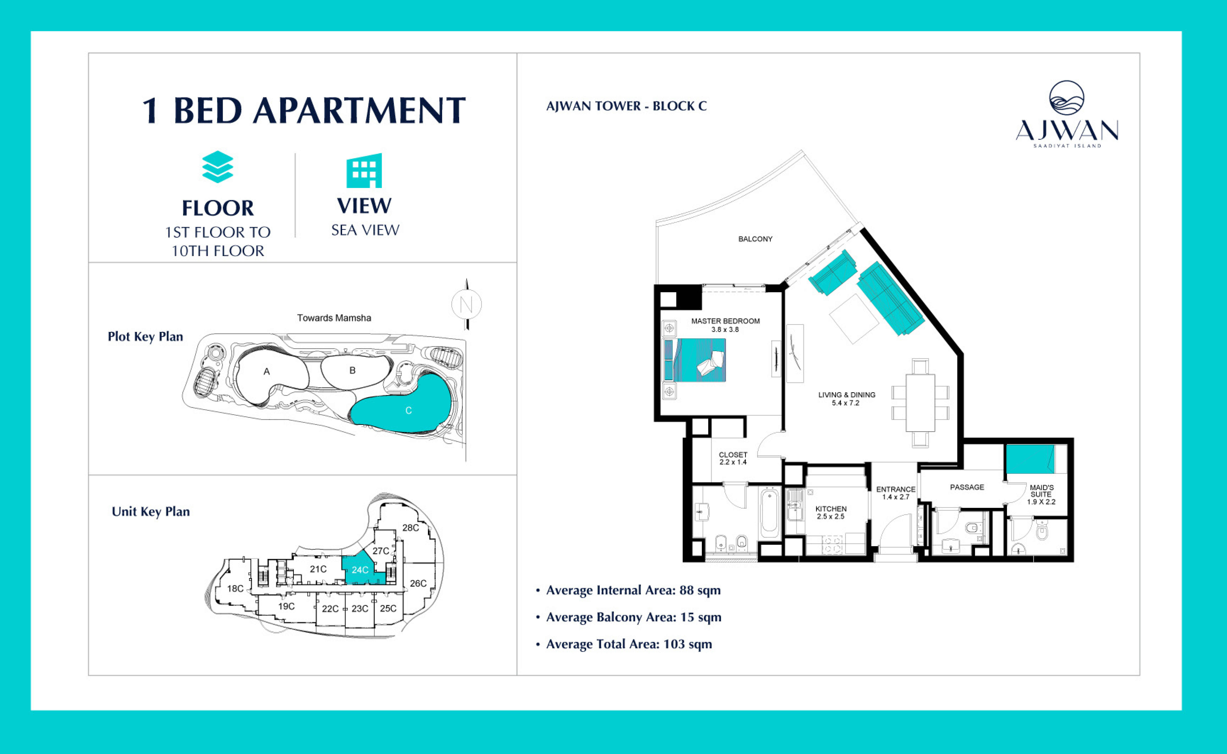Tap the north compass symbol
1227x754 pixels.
click(x=466, y=304)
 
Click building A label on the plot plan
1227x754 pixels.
click(x=267, y=371)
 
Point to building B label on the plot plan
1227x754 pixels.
click(x=353, y=370)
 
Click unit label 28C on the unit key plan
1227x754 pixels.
click(x=410, y=528)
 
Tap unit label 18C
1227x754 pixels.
click(x=235, y=588)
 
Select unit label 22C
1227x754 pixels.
click(x=330, y=609)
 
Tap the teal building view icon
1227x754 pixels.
click(x=364, y=171)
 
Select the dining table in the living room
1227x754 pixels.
click(x=920, y=403)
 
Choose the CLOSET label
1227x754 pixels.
click(x=733, y=455)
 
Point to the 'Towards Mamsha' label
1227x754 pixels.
click(x=334, y=318)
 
